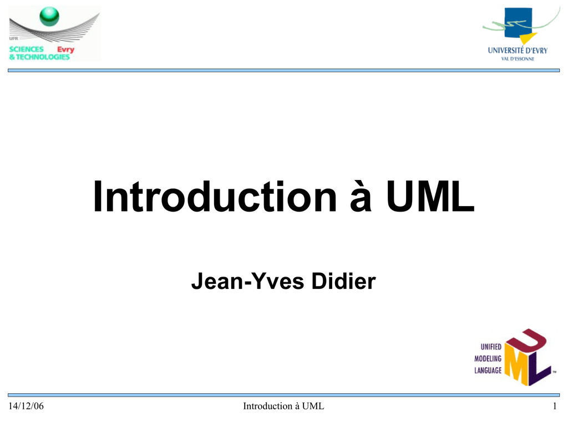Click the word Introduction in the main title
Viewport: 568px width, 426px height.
[215, 196]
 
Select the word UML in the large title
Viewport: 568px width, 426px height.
[430, 196]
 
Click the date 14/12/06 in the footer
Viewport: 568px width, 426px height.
[26, 406]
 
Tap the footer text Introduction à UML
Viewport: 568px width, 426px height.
[283, 406]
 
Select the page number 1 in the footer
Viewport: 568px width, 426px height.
[555, 406]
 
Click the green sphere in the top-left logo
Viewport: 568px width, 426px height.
[49, 16]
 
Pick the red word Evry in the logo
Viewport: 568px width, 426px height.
[65, 50]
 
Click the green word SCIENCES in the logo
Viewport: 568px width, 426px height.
[27, 49]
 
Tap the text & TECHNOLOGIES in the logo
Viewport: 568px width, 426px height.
[39, 57]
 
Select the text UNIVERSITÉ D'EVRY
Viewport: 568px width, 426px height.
[518, 51]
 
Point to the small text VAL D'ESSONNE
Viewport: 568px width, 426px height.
[518, 59]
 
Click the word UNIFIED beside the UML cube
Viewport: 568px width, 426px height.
[491, 347]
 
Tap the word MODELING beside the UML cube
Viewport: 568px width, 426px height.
[488, 358]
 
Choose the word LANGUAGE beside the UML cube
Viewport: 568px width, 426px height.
[488, 370]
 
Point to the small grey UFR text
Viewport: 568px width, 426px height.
[13, 38]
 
